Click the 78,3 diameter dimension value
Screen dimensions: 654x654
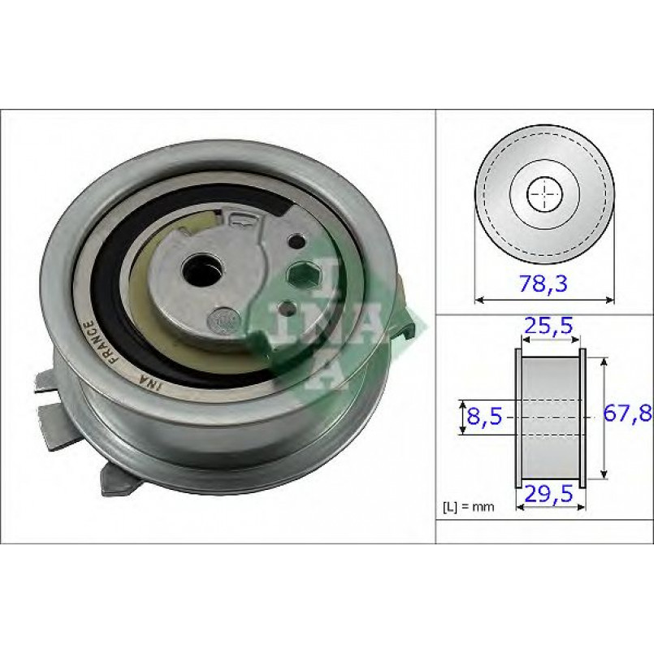click(544, 284)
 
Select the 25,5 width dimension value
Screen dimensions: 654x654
click(549, 325)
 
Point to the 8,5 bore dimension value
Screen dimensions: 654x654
click(484, 416)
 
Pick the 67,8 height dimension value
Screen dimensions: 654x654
click(628, 414)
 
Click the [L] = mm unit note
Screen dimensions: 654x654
click(469, 507)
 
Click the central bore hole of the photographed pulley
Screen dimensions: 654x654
click(201, 271)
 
